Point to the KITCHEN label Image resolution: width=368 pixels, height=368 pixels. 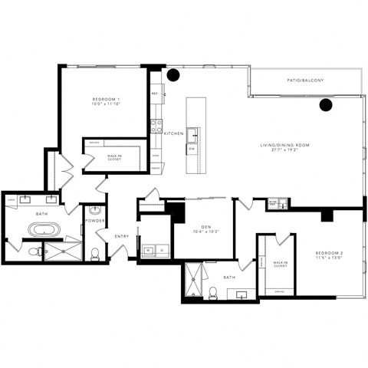coord(174,133)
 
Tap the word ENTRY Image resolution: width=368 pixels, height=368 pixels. coord(122,235)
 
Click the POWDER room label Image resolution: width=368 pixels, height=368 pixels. coord(95,220)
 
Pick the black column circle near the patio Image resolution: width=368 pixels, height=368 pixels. coord(325,105)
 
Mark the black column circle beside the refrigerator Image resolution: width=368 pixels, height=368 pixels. coord(174,75)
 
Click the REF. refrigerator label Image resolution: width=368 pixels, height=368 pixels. coord(155,94)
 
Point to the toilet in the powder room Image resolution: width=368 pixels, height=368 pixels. coord(94,253)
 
